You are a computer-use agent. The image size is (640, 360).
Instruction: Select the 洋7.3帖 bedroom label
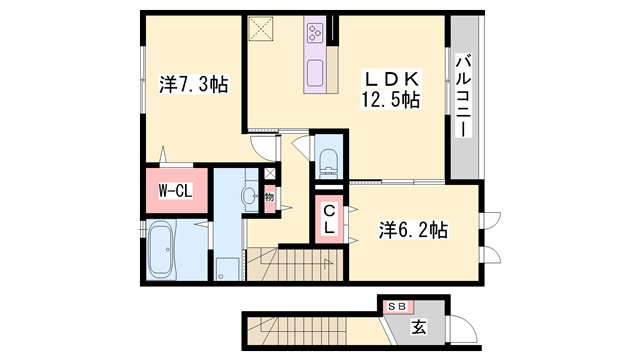click(194, 86)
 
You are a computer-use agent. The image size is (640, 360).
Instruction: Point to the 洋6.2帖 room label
click(413, 230)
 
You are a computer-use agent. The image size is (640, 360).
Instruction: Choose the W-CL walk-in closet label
click(176, 190)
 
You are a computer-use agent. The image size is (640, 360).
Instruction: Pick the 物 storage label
click(270, 198)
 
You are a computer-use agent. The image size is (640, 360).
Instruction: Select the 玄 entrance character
click(419, 325)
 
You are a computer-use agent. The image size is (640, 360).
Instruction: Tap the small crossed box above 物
click(269, 172)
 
